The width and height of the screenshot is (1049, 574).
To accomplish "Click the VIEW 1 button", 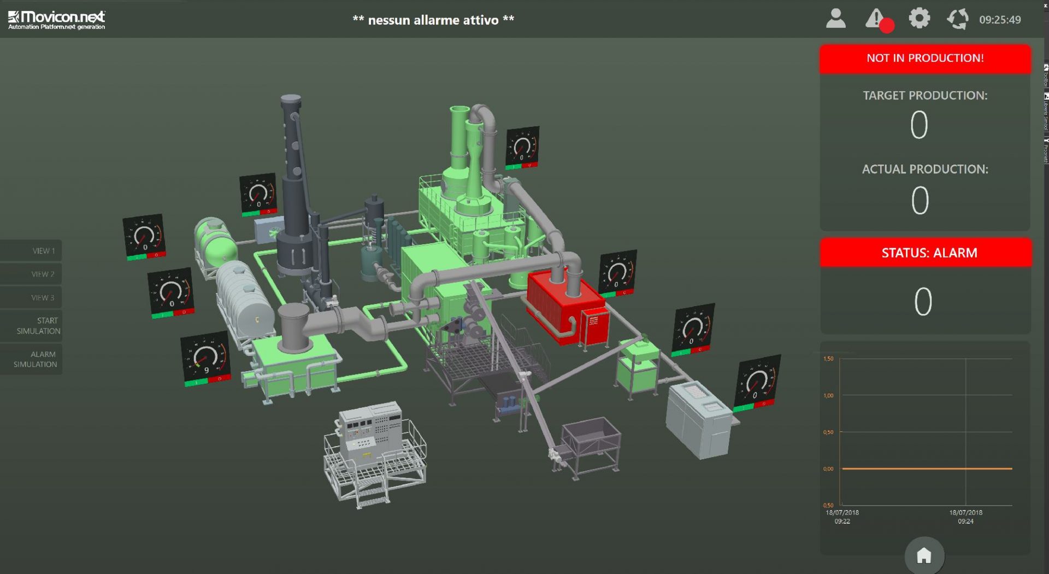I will tap(33, 251).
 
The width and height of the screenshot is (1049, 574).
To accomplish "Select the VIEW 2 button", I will tap(33, 274).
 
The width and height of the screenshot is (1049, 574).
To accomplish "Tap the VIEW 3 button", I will tap(33, 297).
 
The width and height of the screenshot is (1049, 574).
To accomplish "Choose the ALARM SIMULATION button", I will tap(33, 359).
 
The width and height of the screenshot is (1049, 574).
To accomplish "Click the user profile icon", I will tap(835, 19).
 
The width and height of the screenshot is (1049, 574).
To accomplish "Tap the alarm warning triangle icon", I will tap(875, 19).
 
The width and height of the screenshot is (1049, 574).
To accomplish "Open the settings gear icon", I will tap(919, 19).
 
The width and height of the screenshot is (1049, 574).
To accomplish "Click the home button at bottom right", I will tap(924, 556).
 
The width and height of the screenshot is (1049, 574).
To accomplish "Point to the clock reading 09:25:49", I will tap(999, 20).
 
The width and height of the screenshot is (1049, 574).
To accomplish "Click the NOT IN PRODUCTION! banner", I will tap(925, 58).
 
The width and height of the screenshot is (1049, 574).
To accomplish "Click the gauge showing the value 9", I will tap(205, 359).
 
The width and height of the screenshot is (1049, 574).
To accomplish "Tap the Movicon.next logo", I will tap(57, 20).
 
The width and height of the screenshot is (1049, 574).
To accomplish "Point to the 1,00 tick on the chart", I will tap(828, 395).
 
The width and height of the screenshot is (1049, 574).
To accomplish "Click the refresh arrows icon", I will tap(957, 19).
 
